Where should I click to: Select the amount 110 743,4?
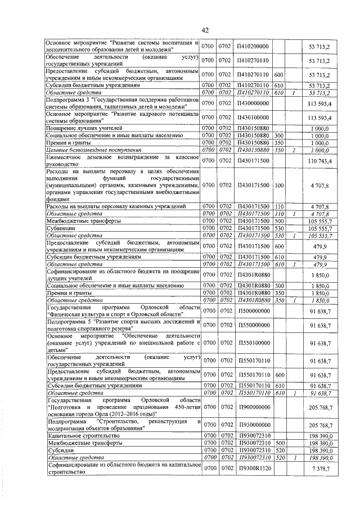pyautogui.click(x=321, y=161)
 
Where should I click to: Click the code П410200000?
pyautogui.click(x=254, y=46)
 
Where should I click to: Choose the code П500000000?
pyautogui.click(x=254, y=310)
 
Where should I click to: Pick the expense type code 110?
pyautogui.click(x=278, y=207)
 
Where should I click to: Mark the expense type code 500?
pyautogui.click(x=278, y=222)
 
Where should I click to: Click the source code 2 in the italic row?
pyautogui.click(x=294, y=150)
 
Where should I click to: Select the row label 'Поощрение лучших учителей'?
pyautogui.click(x=79, y=128)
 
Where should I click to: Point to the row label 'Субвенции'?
pyautogui.click(x=61, y=229)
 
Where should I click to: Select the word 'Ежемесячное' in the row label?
pyautogui.click(x=67, y=158)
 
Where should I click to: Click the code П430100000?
pyautogui.click(x=254, y=117)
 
